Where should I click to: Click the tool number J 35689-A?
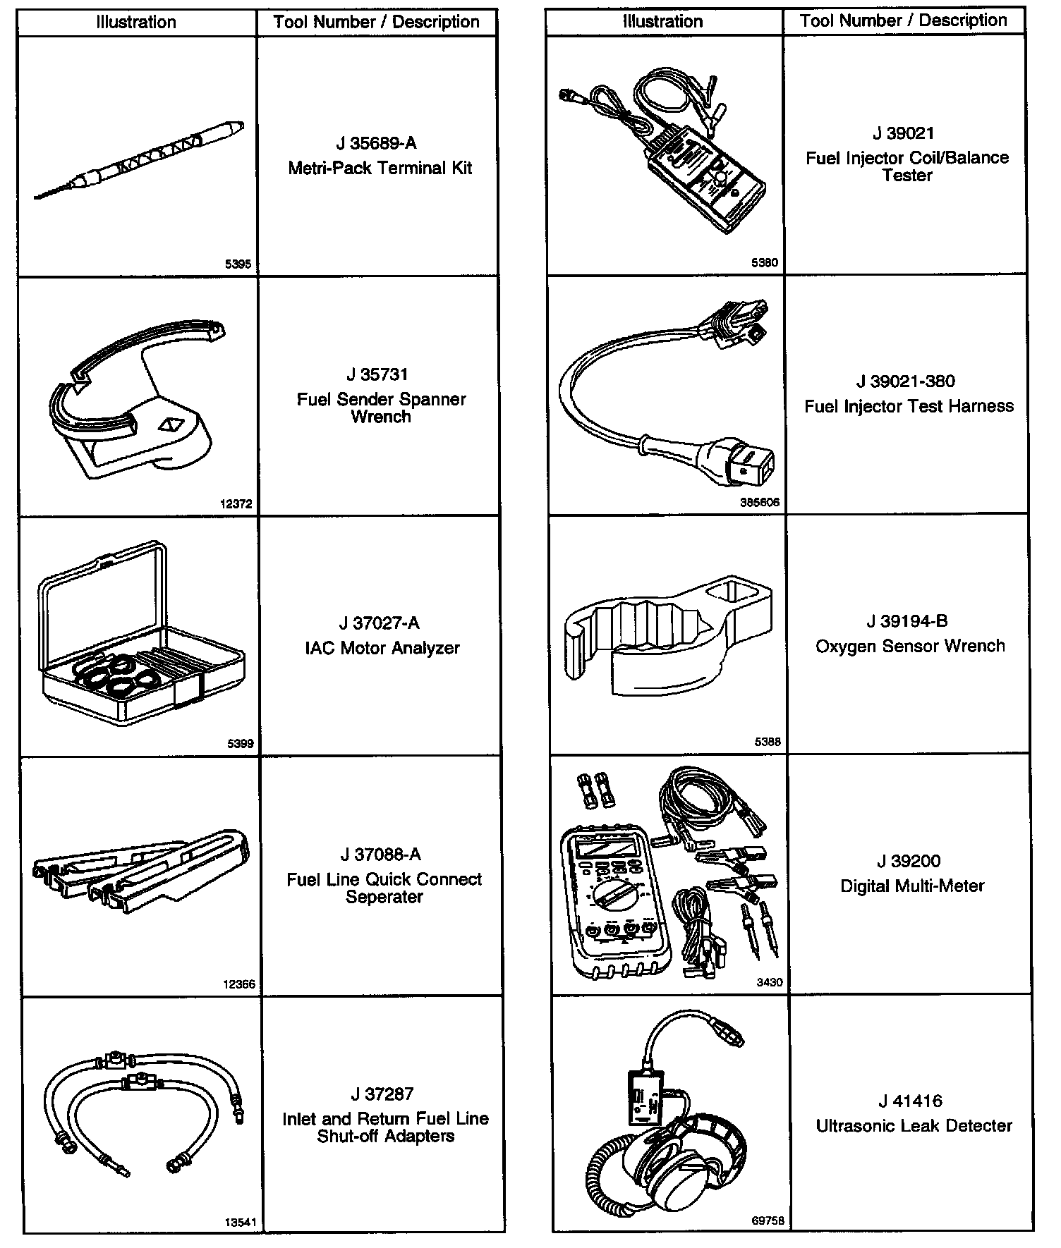click(377, 144)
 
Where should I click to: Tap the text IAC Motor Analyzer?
click(382, 648)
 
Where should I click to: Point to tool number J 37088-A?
click(381, 855)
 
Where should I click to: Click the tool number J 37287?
click(382, 1094)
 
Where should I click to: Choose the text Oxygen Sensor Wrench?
click(910, 646)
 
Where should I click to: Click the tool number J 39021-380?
click(906, 381)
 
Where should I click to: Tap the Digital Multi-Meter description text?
click(912, 886)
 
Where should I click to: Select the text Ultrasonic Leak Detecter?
click(914, 1126)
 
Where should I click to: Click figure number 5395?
click(238, 264)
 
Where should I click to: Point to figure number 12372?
click(236, 504)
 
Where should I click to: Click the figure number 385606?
click(760, 503)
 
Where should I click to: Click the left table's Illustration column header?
click(136, 22)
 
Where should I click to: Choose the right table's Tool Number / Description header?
click(904, 20)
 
